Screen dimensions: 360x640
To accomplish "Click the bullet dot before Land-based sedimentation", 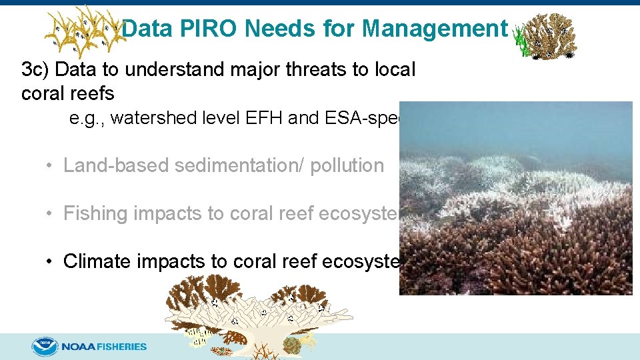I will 50,166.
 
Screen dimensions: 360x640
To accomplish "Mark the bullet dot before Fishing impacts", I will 50,214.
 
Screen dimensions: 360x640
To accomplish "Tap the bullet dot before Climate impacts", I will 50,262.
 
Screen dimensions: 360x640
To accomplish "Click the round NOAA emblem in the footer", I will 45,347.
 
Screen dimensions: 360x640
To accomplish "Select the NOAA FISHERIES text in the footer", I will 105,347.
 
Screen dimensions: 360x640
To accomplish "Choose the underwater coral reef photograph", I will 515,198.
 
